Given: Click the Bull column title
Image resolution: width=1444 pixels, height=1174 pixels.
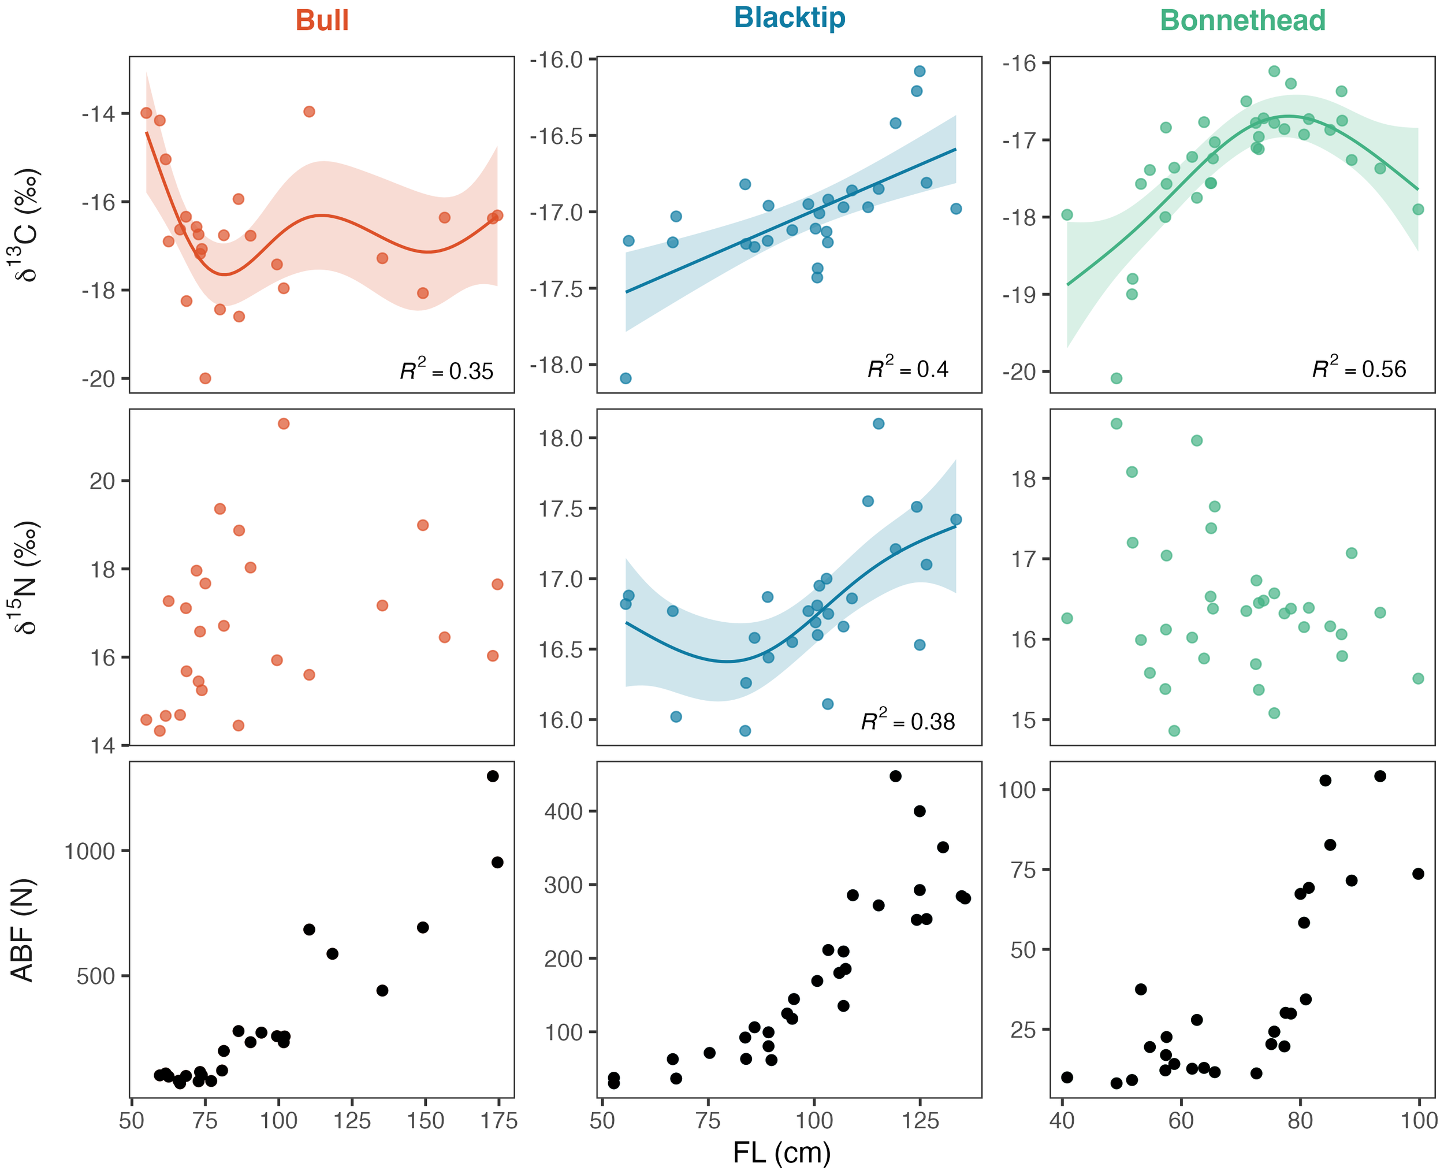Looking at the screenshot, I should [322, 20].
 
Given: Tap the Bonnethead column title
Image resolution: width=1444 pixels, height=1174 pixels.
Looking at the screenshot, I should [1242, 20].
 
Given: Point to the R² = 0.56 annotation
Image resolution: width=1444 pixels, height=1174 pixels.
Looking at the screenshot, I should [1359, 369].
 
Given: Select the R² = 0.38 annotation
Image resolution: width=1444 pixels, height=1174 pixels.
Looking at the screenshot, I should [907, 722].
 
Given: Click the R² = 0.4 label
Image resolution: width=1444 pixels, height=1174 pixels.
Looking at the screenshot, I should [907, 369].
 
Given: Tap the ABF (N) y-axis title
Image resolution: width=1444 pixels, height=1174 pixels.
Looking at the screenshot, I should [23, 930].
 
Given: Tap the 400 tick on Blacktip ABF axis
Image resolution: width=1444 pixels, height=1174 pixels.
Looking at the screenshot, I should [564, 812].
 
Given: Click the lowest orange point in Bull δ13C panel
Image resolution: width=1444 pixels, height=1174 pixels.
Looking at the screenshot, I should [205, 378].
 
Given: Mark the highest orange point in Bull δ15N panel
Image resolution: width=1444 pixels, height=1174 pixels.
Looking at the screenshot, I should [283, 423].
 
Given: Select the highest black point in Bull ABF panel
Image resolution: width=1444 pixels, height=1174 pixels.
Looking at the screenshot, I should [492, 776].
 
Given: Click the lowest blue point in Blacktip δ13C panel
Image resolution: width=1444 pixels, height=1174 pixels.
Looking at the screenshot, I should [626, 378].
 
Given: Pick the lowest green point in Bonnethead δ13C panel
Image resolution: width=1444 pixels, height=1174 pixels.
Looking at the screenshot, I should [1116, 378].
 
